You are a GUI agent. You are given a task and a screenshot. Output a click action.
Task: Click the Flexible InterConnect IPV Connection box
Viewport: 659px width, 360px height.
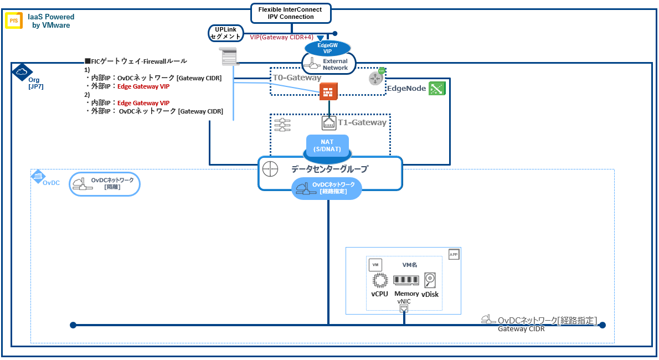pos(290,13)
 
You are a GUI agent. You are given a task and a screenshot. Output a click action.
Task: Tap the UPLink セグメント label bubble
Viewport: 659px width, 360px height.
pos(226,33)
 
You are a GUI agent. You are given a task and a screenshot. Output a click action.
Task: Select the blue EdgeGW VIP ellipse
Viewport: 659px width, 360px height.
pos(327,48)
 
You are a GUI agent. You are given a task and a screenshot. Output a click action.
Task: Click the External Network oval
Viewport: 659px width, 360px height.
pos(329,64)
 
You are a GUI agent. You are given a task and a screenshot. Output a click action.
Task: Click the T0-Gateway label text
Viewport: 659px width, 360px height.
pos(297,78)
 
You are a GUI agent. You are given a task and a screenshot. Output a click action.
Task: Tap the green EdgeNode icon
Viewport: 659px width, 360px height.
pos(437,88)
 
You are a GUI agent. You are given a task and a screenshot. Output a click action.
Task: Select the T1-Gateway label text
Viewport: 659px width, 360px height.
pos(362,123)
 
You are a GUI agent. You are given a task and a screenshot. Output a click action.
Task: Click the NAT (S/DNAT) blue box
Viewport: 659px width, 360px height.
pos(327,146)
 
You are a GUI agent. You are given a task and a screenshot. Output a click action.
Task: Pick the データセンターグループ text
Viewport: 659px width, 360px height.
pos(329,169)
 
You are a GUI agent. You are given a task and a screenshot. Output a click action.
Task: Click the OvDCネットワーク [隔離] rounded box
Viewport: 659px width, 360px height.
pos(105,184)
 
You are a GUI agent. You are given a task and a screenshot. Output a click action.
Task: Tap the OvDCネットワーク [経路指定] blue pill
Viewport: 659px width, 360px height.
pos(327,188)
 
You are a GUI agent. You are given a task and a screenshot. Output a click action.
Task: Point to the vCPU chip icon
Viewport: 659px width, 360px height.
pos(379,280)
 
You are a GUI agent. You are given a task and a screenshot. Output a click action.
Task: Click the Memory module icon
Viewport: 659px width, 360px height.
pos(406,280)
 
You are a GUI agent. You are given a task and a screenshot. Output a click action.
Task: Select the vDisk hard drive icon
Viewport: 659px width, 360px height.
pos(430,280)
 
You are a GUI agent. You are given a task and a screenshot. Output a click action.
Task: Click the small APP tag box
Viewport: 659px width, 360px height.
pos(454,254)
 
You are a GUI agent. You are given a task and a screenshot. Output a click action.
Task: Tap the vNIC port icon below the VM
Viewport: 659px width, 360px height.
pos(404,308)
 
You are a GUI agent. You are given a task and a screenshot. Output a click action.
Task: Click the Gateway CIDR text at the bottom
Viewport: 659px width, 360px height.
pos(521,329)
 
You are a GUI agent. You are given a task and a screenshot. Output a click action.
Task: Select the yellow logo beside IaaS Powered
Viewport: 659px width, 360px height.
pos(14,21)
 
